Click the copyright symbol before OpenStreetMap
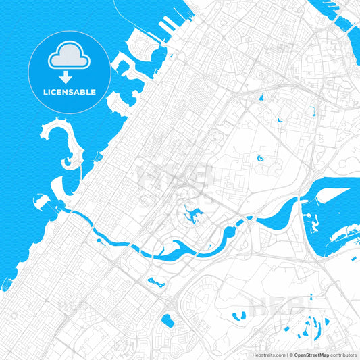pyautogui.click(x=291, y=354)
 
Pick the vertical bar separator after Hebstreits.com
pyautogui.click(x=286, y=354)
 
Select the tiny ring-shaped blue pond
pyautogui.click(x=260, y=158)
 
